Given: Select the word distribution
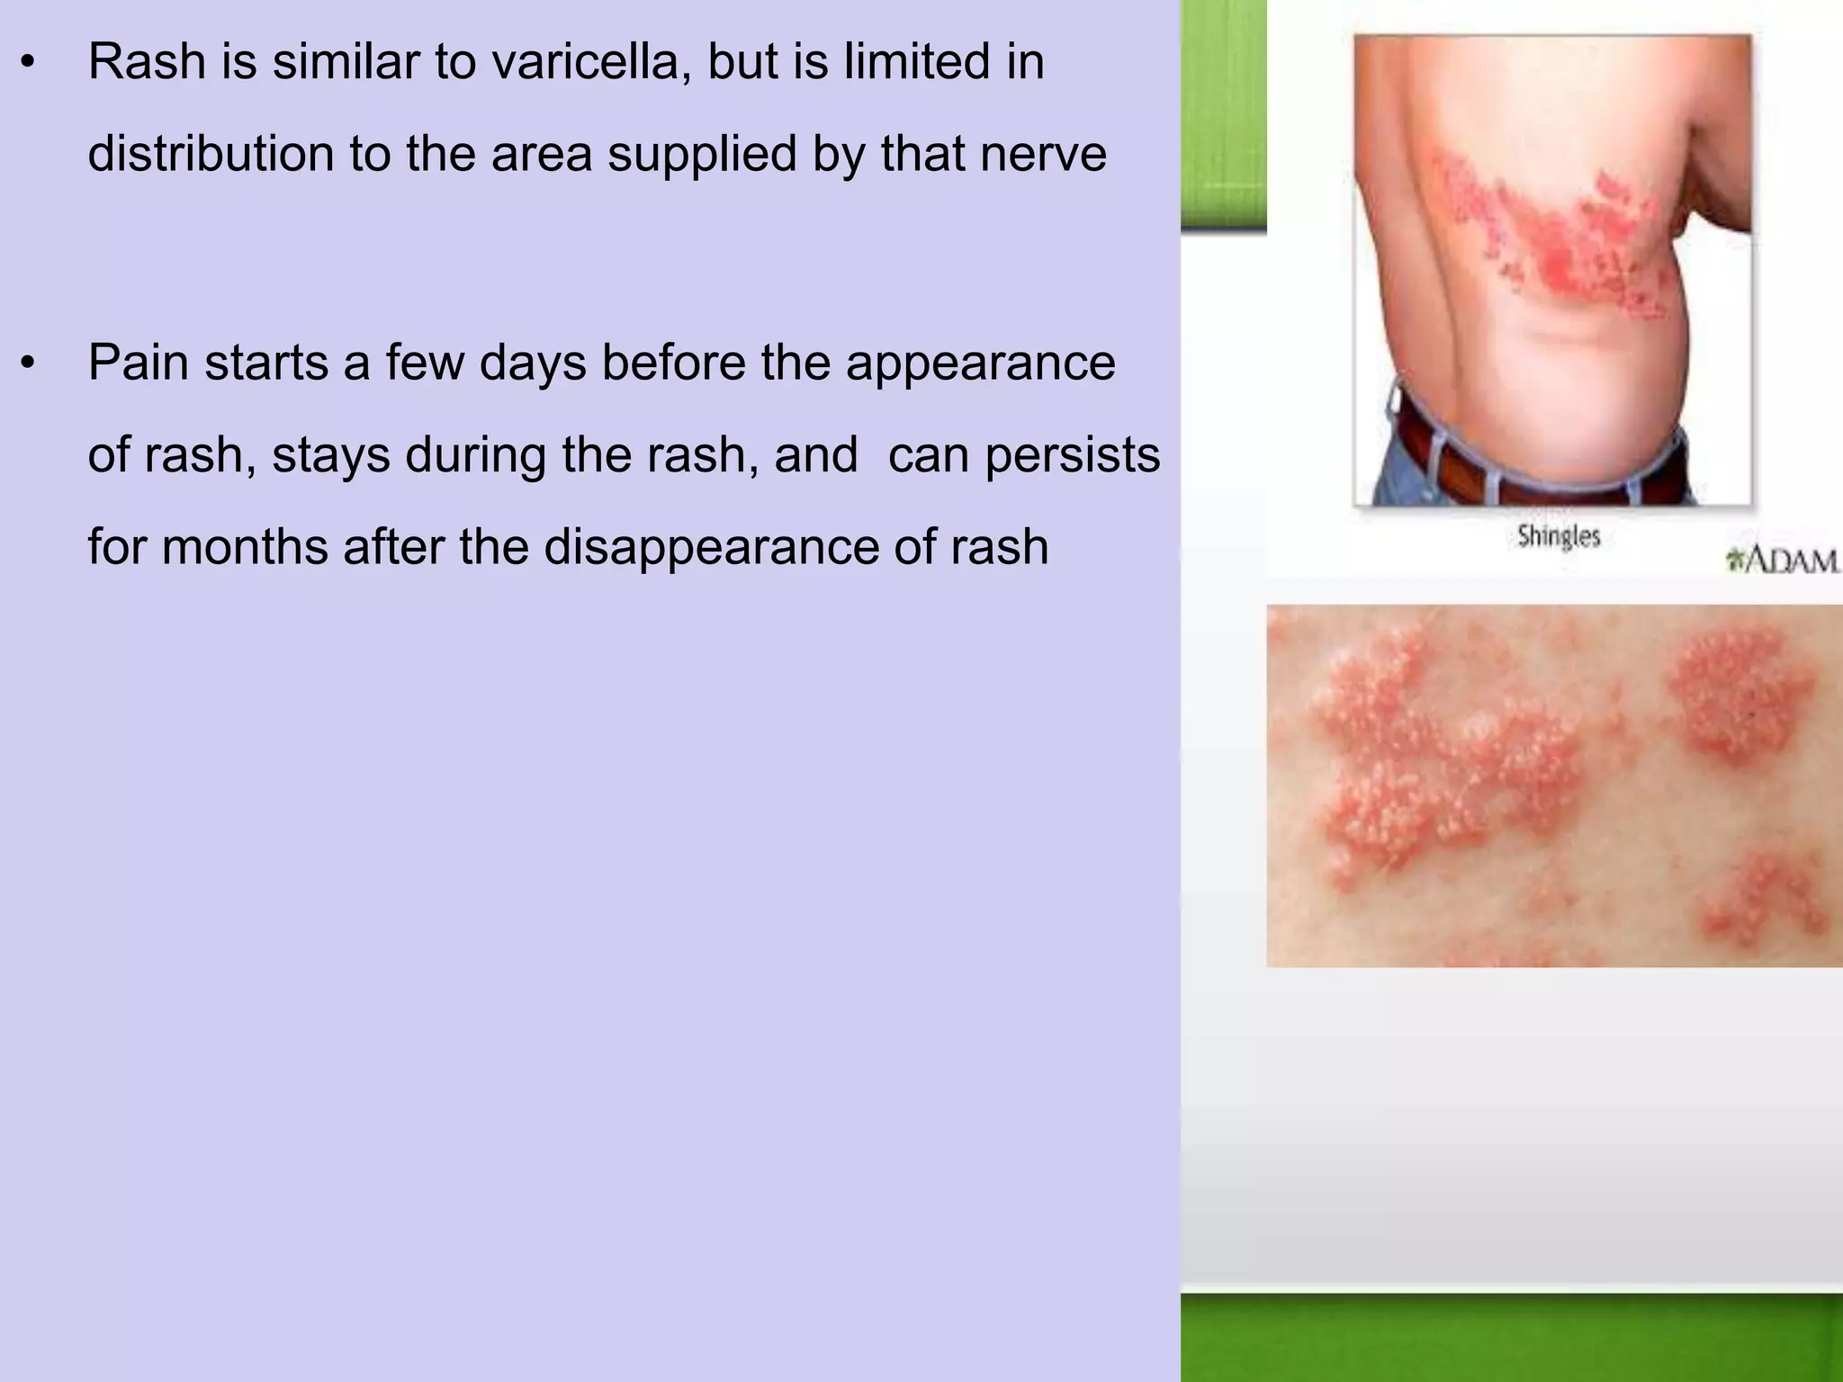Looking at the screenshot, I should [x=211, y=154].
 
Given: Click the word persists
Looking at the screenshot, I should [x=1072, y=455].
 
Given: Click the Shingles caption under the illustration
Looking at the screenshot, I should [x=1559, y=537].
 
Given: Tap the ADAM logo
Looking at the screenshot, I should [x=1782, y=561].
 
